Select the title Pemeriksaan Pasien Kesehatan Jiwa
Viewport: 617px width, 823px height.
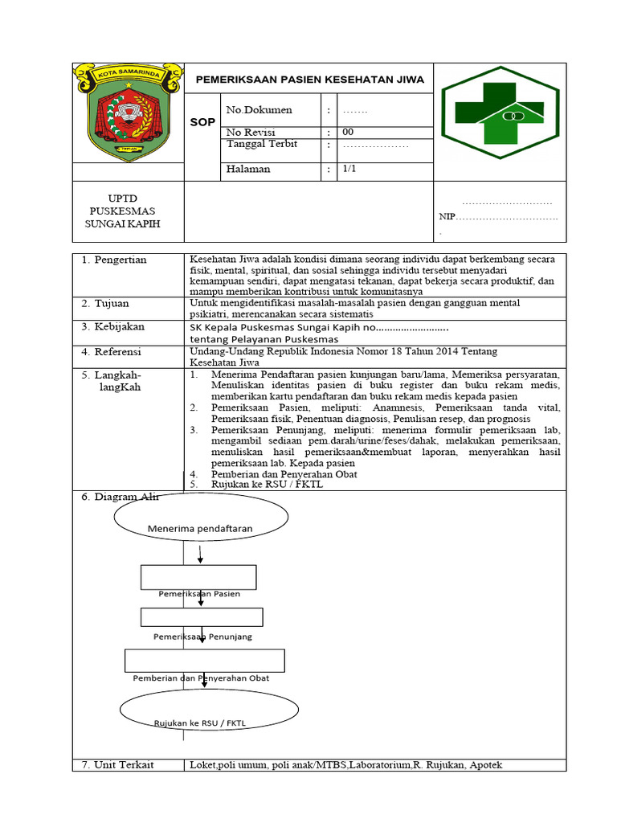point(310,80)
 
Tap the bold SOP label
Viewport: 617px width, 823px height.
point(202,122)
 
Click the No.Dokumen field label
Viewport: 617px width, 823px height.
point(259,110)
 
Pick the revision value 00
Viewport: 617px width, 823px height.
point(348,132)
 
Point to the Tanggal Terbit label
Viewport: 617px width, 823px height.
point(262,144)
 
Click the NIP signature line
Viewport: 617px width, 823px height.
point(498,217)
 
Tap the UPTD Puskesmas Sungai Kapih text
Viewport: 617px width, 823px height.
point(123,211)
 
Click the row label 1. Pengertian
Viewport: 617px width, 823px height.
point(114,260)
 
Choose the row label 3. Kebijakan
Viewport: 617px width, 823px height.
point(113,327)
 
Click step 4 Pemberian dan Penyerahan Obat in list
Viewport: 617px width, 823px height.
point(284,474)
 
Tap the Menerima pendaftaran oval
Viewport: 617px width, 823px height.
point(200,528)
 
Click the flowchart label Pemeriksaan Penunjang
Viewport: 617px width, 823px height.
point(202,637)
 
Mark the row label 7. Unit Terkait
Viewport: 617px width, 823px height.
point(117,765)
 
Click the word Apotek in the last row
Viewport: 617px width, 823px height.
point(486,765)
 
